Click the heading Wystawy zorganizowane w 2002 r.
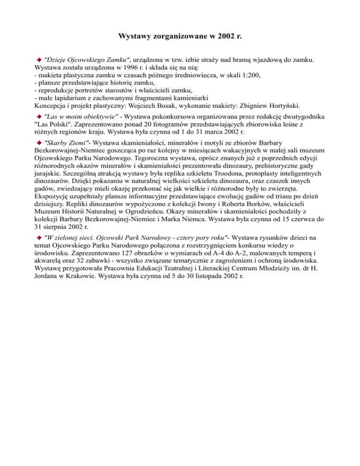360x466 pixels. tap(180, 36)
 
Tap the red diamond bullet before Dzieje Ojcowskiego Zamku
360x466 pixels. tap(39, 60)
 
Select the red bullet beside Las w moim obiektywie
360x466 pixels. tap(39, 115)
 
